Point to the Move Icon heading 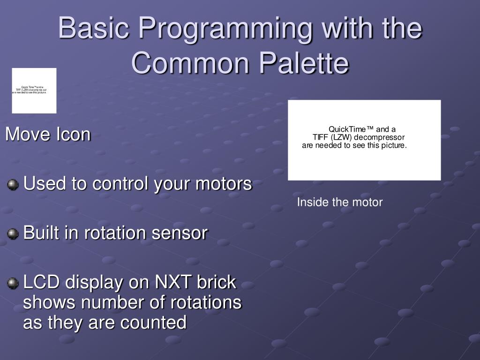click(48, 135)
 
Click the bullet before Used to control click(13, 185)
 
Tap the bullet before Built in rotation click(13, 233)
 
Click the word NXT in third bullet click(172, 282)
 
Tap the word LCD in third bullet click(41, 282)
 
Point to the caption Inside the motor click(340, 202)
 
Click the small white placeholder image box click(34, 90)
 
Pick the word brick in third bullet click(217, 282)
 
